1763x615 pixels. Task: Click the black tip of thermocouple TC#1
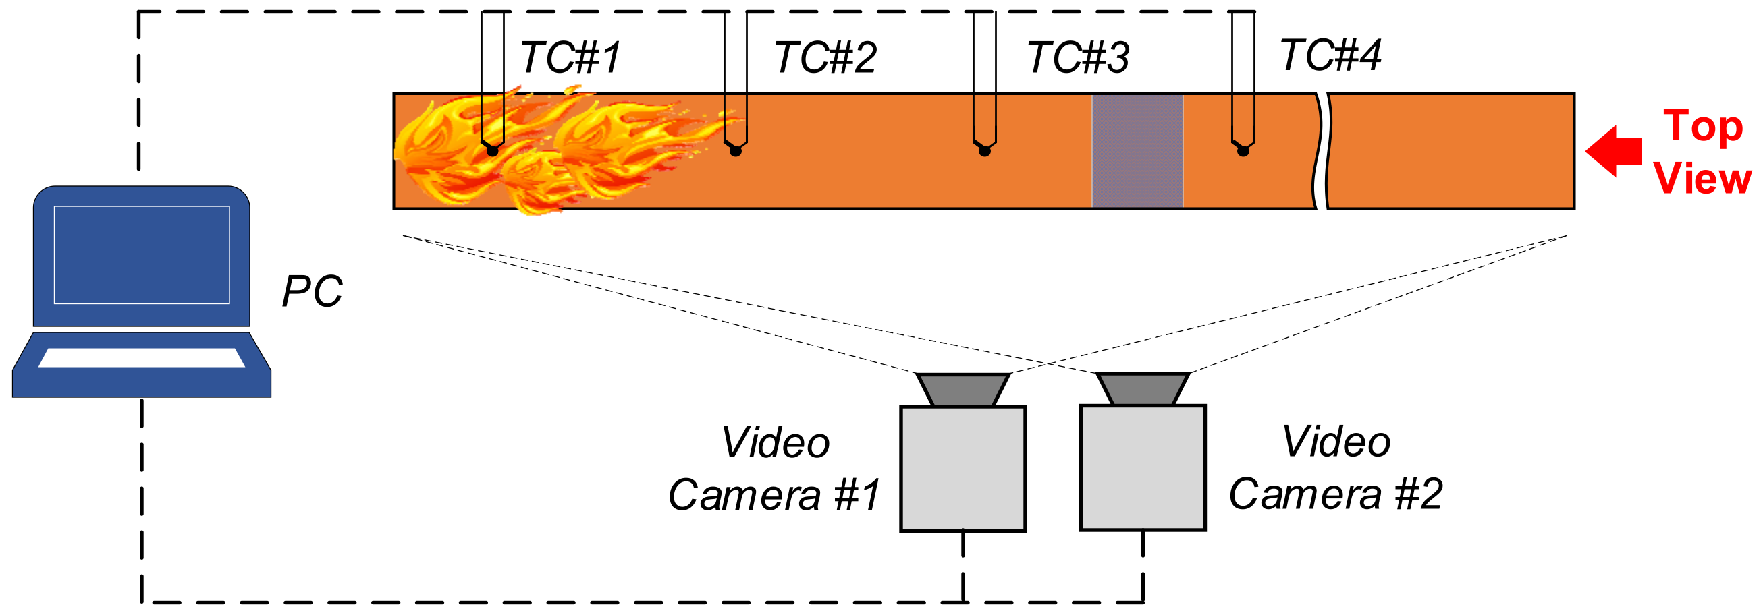pyautogui.click(x=492, y=150)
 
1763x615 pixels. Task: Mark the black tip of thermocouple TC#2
pyautogui.click(x=736, y=150)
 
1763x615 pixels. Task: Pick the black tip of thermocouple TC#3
pyautogui.click(x=984, y=150)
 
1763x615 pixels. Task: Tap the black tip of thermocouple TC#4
pyautogui.click(x=1243, y=150)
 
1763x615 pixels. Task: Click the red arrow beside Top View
pyautogui.click(x=1613, y=151)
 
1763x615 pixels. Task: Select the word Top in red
pyautogui.click(x=1703, y=127)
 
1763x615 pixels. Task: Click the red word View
pyautogui.click(x=1702, y=179)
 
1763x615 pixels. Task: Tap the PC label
pyautogui.click(x=312, y=291)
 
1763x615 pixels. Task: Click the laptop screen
pyautogui.click(x=142, y=254)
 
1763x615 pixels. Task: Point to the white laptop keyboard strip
pyautogui.click(x=142, y=357)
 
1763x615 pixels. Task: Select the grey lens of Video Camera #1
pyautogui.click(x=962, y=389)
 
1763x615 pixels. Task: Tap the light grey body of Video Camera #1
pyautogui.click(x=962, y=468)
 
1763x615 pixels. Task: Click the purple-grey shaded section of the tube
pyautogui.click(x=1137, y=151)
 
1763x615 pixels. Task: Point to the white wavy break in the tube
pyautogui.click(x=1322, y=151)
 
